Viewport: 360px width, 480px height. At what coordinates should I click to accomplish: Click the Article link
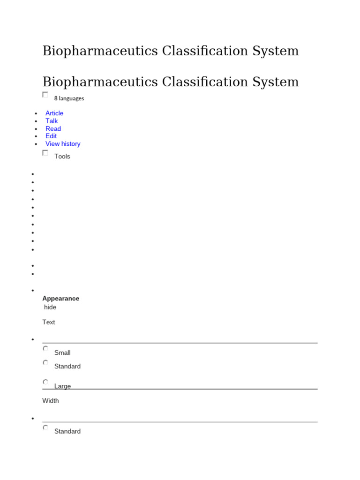[x=54, y=113]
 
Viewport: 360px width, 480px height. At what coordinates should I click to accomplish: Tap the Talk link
[x=52, y=121]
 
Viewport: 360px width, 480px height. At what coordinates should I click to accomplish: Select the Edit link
[x=51, y=136]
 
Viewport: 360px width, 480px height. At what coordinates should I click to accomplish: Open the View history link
[x=63, y=144]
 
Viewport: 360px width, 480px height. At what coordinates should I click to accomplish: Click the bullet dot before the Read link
[x=36, y=129]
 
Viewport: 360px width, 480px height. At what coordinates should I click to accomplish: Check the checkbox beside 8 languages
[x=45, y=95]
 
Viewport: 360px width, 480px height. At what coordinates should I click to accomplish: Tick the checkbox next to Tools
[x=45, y=153]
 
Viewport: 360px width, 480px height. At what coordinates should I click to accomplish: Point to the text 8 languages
[x=69, y=98]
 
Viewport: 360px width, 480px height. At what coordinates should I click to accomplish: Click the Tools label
[x=62, y=157]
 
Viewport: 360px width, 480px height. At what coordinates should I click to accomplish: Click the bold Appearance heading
[x=60, y=299]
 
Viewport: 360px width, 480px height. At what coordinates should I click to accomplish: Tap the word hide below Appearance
[x=50, y=307]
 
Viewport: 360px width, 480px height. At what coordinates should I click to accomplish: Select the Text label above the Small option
[x=49, y=322]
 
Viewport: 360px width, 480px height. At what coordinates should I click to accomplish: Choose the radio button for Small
[x=45, y=349]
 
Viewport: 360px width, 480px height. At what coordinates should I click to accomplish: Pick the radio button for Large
[x=45, y=382]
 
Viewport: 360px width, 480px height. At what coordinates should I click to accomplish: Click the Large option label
[x=62, y=386]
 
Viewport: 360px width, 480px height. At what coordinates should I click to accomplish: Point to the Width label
[x=51, y=401]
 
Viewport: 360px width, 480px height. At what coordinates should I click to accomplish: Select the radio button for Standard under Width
[x=45, y=427]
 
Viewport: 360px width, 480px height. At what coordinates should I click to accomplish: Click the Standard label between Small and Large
[x=67, y=367]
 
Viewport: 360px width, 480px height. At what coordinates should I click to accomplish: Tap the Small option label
[x=62, y=353]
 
